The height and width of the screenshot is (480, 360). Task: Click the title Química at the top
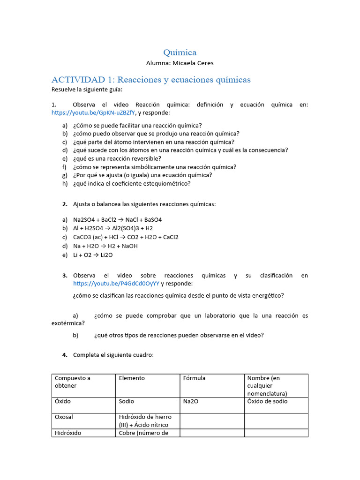(x=180, y=52)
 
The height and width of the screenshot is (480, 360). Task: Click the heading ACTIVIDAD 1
(x=151, y=79)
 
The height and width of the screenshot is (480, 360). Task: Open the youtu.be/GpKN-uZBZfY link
(x=93, y=113)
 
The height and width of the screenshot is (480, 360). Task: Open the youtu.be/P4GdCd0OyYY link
(x=116, y=284)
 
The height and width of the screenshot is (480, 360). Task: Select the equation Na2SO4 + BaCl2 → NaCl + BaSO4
(x=117, y=219)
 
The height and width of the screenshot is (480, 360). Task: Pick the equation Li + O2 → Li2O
(x=93, y=255)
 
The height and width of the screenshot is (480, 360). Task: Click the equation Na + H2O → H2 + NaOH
(x=105, y=246)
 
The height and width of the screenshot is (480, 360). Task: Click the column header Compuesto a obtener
(x=73, y=382)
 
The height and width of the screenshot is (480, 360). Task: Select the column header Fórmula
(x=194, y=378)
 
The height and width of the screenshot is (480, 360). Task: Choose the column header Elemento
(x=132, y=378)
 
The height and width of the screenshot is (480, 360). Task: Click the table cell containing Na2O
(x=191, y=402)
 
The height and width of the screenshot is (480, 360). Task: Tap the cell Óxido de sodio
(x=267, y=402)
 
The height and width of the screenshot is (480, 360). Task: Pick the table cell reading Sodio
(x=126, y=402)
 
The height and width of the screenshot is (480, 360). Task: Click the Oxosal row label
(x=64, y=417)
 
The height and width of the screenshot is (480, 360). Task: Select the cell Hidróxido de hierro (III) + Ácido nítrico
(x=145, y=420)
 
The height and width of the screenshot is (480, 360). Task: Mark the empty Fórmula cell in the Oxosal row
(x=212, y=421)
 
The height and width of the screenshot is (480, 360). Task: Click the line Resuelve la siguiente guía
(x=87, y=89)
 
